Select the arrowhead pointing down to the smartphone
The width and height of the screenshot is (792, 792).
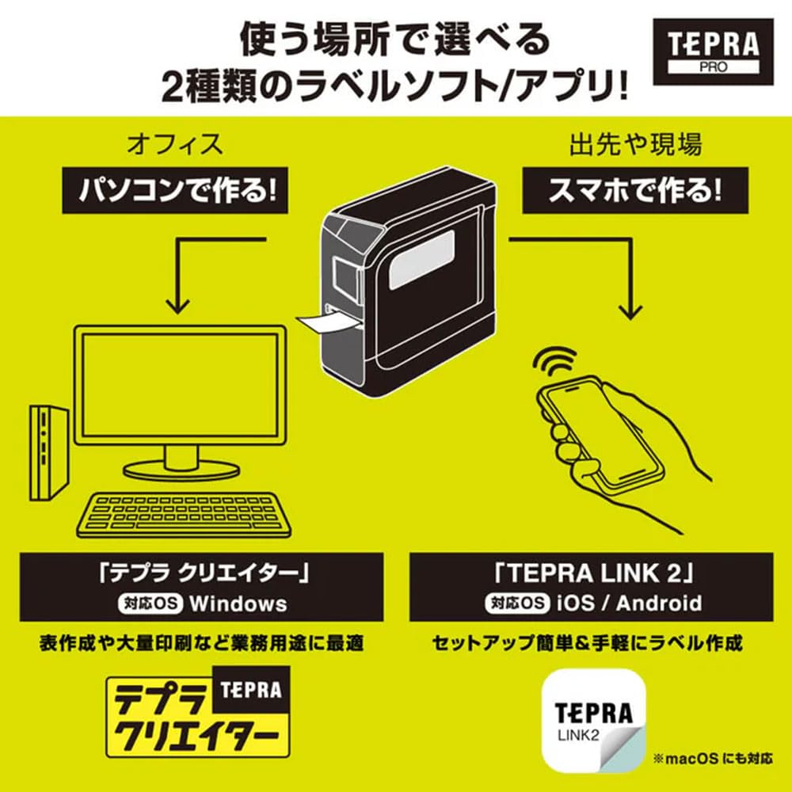click(630, 310)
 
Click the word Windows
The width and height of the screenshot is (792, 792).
click(238, 604)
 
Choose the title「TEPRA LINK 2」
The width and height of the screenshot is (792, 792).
click(591, 573)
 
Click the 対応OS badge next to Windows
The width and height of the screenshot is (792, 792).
click(150, 604)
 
